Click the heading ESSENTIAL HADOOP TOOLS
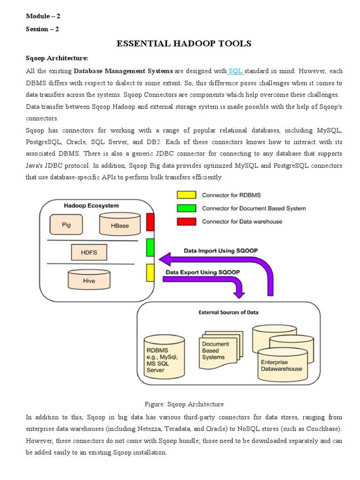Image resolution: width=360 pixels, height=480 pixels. (x=184, y=44)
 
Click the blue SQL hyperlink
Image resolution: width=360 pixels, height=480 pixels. (x=235, y=71)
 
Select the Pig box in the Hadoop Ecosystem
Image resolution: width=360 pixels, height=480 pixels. (x=66, y=225)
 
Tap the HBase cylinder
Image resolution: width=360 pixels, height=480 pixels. (x=120, y=225)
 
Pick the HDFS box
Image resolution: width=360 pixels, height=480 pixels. (x=89, y=252)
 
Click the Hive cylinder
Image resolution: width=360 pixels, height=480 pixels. (x=89, y=280)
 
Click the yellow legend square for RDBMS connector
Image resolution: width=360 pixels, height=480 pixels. (x=187, y=195)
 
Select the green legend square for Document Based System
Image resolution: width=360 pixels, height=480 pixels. (x=187, y=208)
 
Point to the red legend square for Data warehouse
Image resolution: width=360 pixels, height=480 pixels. (x=187, y=221)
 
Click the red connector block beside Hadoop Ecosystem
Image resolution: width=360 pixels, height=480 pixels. (x=150, y=222)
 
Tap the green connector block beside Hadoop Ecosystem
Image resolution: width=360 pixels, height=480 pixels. (x=150, y=247)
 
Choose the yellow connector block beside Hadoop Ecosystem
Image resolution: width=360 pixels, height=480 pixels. (x=150, y=272)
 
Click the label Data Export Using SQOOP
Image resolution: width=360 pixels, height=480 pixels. (x=202, y=272)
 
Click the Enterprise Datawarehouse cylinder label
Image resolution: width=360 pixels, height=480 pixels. (x=281, y=365)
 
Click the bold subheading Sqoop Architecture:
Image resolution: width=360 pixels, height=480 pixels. (x=57, y=58)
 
